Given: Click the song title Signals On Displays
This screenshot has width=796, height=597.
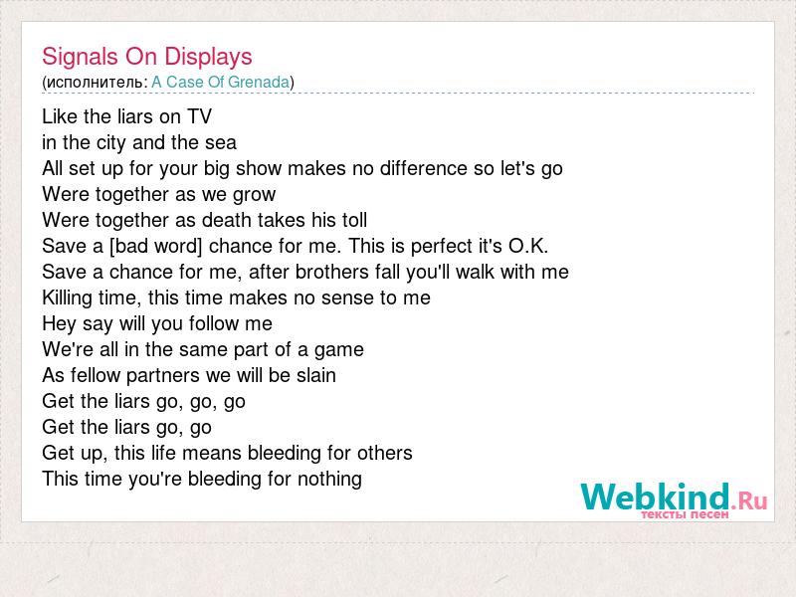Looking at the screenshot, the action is (x=147, y=57).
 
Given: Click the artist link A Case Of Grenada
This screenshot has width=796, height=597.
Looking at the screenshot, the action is (x=221, y=82).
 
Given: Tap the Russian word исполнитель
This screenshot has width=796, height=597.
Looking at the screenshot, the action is (x=95, y=83).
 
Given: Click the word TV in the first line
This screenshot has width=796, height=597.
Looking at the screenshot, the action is (x=199, y=116).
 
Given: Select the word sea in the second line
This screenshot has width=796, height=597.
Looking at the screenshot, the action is (x=221, y=142).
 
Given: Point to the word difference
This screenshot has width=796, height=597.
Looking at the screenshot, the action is (x=424, y=168).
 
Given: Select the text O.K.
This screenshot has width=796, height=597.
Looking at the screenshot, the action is (x=528, y=246).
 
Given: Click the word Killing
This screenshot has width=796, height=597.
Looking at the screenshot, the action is (x=67, y=298).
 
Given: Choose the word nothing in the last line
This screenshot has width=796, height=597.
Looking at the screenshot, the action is (x=329, y=480).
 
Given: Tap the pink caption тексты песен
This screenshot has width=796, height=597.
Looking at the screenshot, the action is (x=685, y=514).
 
